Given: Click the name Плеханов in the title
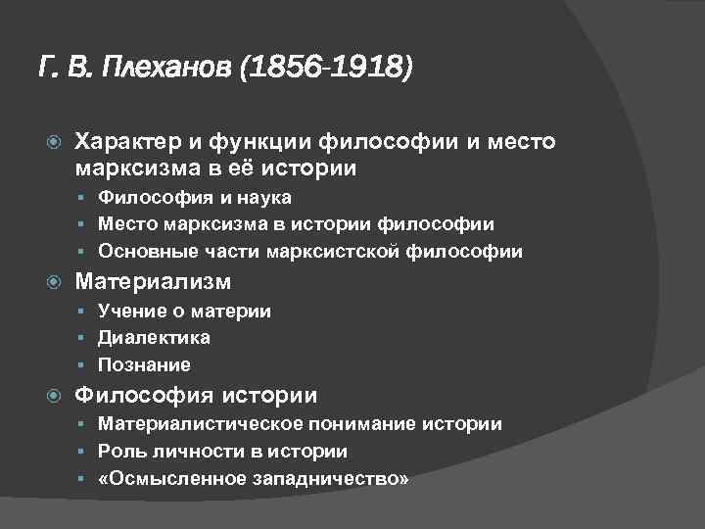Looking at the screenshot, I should click(169, 69).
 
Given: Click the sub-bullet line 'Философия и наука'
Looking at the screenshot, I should click(195, 198).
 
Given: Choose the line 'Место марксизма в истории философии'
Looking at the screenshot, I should click(296, 224).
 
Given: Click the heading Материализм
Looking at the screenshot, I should click(154, 282).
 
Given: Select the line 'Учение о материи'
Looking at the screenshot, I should click(185, 312).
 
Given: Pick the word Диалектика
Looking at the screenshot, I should click(154, 338).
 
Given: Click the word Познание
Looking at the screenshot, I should click(144, 364).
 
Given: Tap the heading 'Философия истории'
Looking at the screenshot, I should click(197, 396).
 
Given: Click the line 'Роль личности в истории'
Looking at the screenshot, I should click(222, 452).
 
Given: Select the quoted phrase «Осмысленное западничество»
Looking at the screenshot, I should click(254, 479).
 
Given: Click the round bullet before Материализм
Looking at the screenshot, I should click(55, 283).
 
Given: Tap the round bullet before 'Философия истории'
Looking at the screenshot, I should click(55, 397).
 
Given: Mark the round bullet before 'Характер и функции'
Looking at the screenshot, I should click(55, 143).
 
